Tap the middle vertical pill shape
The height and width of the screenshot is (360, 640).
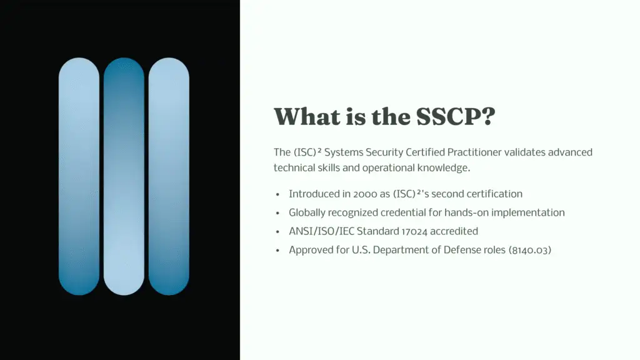[124, 176]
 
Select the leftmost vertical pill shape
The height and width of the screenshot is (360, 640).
[79, 176]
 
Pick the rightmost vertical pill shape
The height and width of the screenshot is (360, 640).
[169, 176]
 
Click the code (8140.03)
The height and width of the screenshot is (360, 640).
[530, 250]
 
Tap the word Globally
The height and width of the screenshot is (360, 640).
[308, 212]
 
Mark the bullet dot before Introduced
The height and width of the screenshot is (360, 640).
[277, 194]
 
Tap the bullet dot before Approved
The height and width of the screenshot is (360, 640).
[277, 250]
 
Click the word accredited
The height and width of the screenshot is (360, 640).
[454, 231]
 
